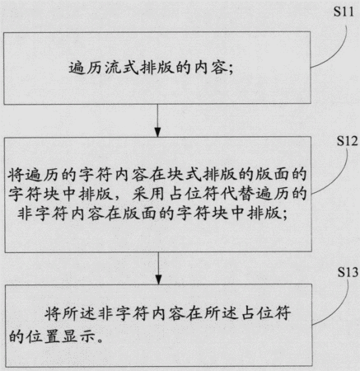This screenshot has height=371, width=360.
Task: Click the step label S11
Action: pyautogui.click(x=344, y=12)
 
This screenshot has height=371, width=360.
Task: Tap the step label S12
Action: pyautogui.click(x=347, y=141)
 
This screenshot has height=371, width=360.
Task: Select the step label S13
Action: pyautogui.click(x=348, y=272)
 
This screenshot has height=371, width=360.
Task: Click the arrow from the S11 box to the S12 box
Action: pyautogui.click(x=157, y=120)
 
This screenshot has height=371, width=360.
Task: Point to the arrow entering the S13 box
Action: pyautogui.click(x=158, y=268)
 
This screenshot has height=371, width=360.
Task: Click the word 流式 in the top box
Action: pyautogui.click(x=122, y=68)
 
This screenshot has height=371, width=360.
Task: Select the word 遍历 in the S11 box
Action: pyautogui.click(x=86, y=68)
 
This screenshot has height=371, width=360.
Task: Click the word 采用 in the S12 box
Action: pyautogui.click(x=148, y=194)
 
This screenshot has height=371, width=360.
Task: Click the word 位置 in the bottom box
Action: pyautogui.click(x=43, y=336)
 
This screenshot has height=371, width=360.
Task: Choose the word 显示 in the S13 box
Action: pyautogui.click(x=78, y=336)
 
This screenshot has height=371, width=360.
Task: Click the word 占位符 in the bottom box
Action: pyautogui.click(x=266, y=313)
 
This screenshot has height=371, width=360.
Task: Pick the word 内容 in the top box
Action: pyautogui.click(x=211, y=68)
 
